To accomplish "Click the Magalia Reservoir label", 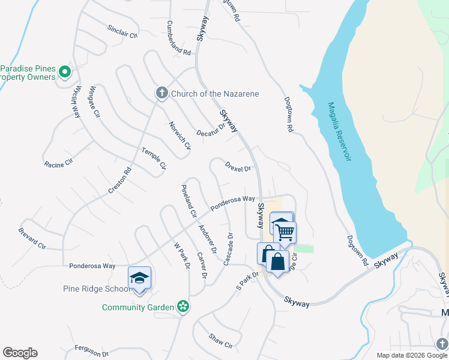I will [339, 132].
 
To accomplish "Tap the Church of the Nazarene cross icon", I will [161, 93].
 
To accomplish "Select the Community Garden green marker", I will [184, 307].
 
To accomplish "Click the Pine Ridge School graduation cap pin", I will [139, 278].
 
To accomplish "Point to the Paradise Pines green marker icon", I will [66, 73].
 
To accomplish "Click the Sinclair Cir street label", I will [122, 31].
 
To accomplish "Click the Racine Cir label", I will [58, 163].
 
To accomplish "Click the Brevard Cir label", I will [32, 238].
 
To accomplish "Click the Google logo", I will [20, 353].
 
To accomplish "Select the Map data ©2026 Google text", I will [411, 355].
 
